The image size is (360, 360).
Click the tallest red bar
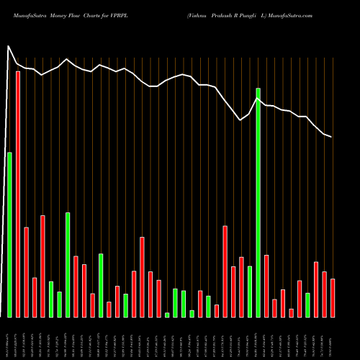pyautogui.click(x=18, y=194)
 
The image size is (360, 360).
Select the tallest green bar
pyautogui.click(x=258, y=202)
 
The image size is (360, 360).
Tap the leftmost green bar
pyautogui.click(x=9, y=235)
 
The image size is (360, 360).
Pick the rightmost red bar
pyautogui.click(x=333, y=298)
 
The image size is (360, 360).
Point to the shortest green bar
pyautogui.click(x=167, y=315)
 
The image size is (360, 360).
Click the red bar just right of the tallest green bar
pyautogui.click(x=266, y=286)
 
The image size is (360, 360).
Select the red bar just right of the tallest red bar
pyautogui.click(x=27, y=272)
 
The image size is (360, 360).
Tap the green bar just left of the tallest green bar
pyautogui.click(x=250, y=292)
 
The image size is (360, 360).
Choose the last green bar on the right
pyautogui.click(x=307, y=305)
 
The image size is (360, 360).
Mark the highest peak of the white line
pyautogui.click(x=9, y=47)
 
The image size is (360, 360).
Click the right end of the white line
pyautogui.click(x=332, y=137)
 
